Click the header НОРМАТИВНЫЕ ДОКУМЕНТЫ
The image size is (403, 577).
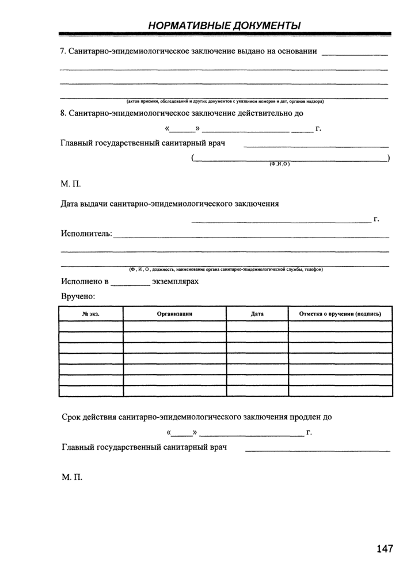pos(224,26)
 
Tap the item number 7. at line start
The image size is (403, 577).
pos(63,52)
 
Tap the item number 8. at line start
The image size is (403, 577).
pos(63,113)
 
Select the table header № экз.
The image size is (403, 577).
pos(91,314)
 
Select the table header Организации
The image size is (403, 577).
pos(174,314)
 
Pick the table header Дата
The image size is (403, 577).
pos(257,314)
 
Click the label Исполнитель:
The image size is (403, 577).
pos(86,234)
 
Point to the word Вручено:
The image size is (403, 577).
pos(78,296)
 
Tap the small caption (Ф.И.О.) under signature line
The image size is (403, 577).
pos(279,165)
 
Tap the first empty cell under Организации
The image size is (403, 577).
pos(174,326)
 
